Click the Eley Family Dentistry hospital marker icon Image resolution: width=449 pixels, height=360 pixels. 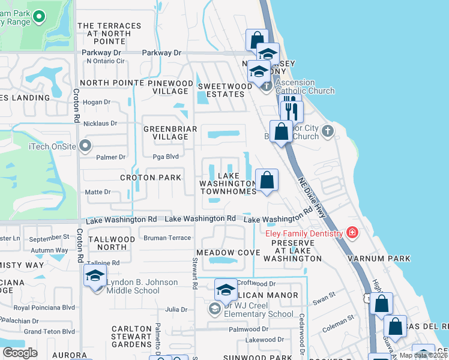tap(352, 233)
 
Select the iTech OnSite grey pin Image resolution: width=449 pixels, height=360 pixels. tap(85, 145)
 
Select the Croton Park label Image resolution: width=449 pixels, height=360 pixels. tap(151, 178)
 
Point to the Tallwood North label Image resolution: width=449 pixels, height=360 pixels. tap(112, 243)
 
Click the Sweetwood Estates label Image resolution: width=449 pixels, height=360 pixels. tap(225, 90)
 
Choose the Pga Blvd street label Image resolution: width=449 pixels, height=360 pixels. tap(168, 157)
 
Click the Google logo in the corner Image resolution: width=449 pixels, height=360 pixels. tap(20, 353)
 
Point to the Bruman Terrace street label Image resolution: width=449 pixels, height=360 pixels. tap(167, 238)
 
